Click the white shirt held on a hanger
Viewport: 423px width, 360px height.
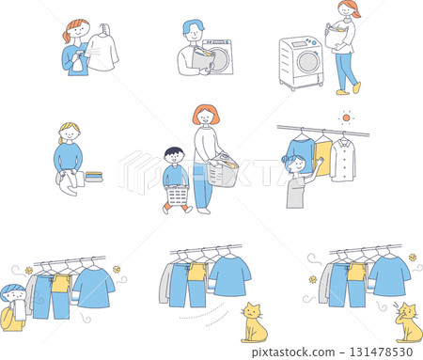102,52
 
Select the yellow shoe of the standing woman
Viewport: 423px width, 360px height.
356,88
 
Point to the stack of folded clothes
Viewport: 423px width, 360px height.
94,175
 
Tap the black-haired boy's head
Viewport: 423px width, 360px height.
173,154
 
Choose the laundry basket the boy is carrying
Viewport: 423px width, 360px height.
178,196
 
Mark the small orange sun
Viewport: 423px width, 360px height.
345,118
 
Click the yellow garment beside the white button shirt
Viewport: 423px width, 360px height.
323,155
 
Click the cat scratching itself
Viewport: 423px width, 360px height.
407,322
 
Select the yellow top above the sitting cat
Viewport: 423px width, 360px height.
197,272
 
